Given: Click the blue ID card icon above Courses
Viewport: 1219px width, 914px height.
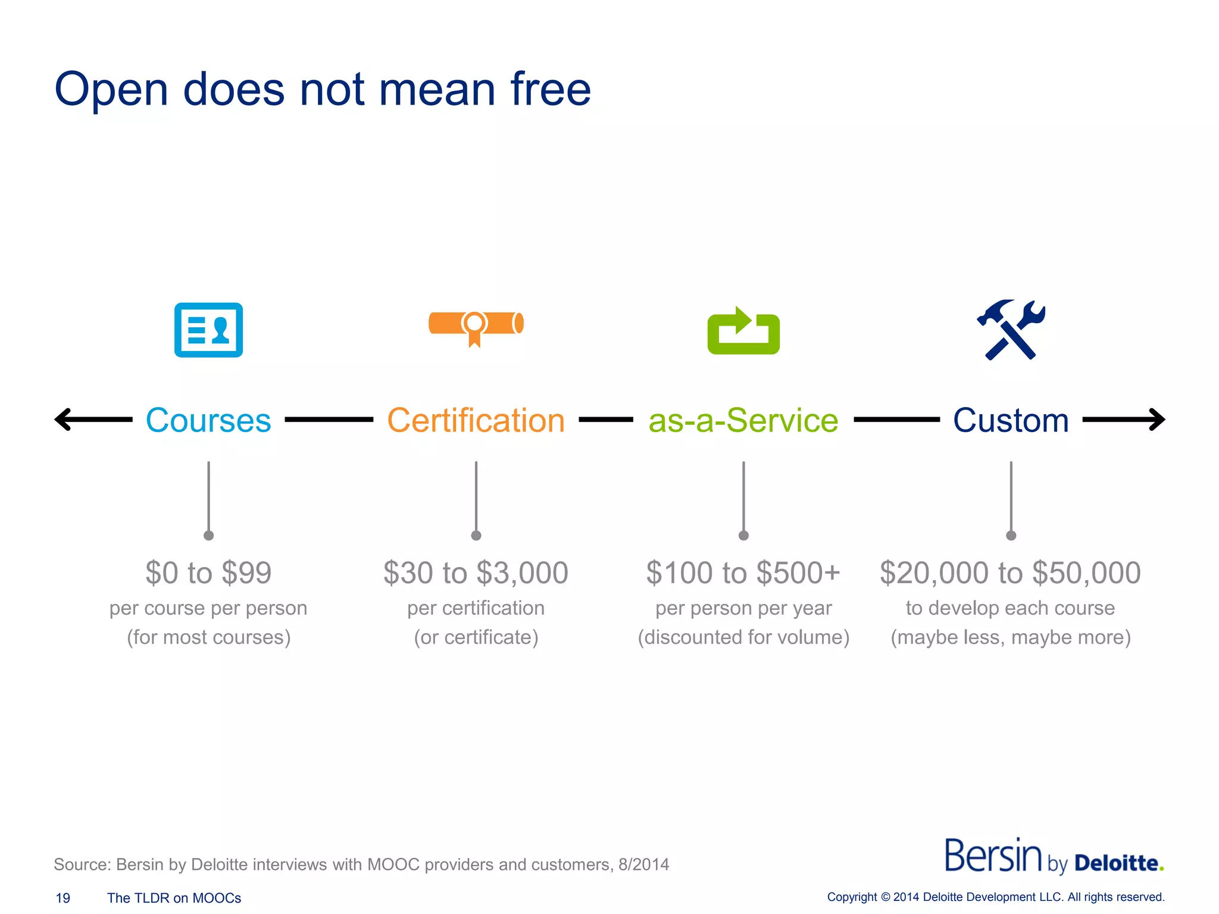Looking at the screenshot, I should click(208, 330).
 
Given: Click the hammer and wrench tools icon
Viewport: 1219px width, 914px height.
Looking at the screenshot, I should click(1011, 330).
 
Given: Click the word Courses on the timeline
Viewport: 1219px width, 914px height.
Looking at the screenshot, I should click(208, 420).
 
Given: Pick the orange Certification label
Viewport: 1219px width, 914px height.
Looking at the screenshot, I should click(476, 420).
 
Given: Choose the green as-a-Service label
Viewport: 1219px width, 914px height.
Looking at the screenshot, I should click(743, 420).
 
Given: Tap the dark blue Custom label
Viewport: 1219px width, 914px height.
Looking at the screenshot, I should click(1011, 420).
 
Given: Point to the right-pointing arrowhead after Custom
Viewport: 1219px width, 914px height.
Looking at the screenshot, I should click(1157, 420).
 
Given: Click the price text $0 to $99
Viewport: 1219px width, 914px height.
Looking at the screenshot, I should click(208, 572).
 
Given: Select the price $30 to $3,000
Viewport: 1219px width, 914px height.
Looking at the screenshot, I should click(476, 572).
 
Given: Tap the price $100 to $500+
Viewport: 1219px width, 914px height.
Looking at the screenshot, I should click(743, 572).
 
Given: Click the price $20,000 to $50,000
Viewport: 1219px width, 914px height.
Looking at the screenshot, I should click(1010, 572).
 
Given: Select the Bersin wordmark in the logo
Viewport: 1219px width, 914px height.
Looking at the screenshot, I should click(993, 856).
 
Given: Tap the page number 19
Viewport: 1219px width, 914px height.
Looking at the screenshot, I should click(62, 898).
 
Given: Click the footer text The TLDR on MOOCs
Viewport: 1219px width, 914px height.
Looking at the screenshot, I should click(174, 898).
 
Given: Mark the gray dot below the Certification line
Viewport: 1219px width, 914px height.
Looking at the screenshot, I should click(476, 536).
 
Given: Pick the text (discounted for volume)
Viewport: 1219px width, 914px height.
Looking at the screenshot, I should click(743, 637).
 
